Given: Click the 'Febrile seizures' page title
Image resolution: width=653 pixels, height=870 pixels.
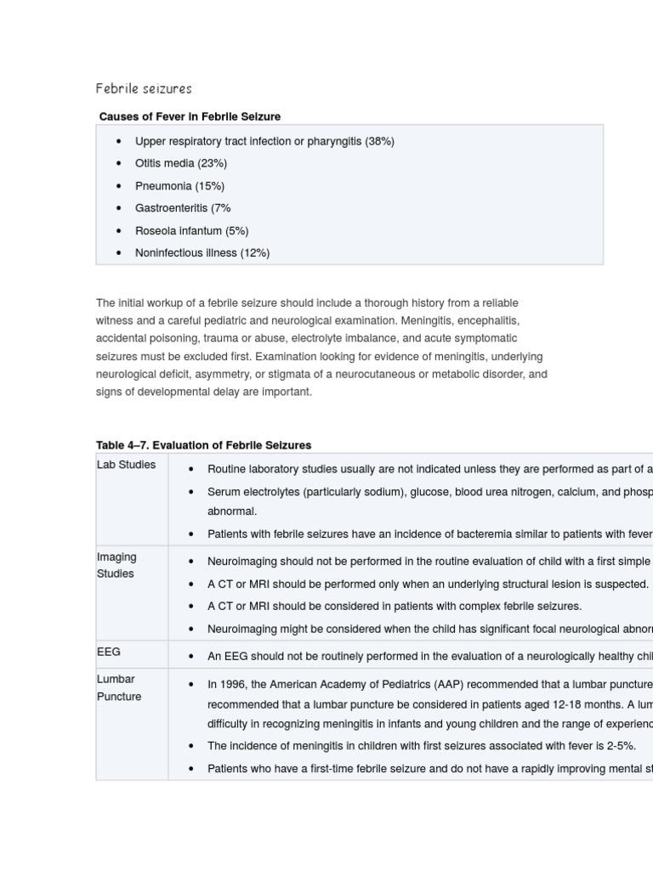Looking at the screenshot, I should pyautogui.click(x=144, y=88).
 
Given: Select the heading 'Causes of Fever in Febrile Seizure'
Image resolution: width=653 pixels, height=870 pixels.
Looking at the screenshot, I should pyautogui.click(x=190, y=116).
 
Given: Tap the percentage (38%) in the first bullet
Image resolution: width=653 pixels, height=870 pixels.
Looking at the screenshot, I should pyautogui.click(x=379, y=141).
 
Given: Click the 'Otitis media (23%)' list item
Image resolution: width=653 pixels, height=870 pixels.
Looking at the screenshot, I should pyautogui.click(x=180, y=163).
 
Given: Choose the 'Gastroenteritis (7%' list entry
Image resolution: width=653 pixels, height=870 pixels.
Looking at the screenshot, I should pyautogui.click(x=183, y=208).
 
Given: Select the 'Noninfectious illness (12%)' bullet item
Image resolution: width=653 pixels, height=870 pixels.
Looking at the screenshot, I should pyautogui.click(x=202, y=252).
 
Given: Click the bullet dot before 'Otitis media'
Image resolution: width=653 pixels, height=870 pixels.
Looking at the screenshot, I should pyautogui.click(x=119, y=163).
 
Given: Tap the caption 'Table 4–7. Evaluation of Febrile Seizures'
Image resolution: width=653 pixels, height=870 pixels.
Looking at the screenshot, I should pyautogui.click(x=203, y=444).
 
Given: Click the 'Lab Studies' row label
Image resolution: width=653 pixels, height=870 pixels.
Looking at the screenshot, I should pyautogui.click(x=126, y=465).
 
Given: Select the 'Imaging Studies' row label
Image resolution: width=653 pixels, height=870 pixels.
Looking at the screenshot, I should pyautogui.click(x=116, y=565).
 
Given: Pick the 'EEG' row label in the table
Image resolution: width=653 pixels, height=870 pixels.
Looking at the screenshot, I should pyautogui.click(x=109, y=652).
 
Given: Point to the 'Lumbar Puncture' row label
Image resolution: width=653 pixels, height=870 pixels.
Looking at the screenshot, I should pyautogui.click(x=118, y=687).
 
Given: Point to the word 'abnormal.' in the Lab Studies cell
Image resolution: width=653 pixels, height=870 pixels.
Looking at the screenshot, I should pyautogui.click(x=231, y=511).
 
